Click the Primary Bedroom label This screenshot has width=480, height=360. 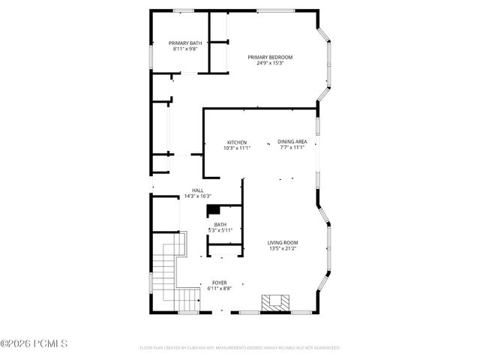tap(270, 58)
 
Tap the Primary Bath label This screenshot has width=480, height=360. tap(184, 43)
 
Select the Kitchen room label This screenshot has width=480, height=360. tap(237, 142)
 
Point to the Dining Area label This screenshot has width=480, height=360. tap(292, 142)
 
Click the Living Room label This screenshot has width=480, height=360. tap(283, 242)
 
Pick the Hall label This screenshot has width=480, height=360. tap(198, 190)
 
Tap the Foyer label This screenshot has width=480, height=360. tap(219, 283)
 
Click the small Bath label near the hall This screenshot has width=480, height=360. tap(220, 224)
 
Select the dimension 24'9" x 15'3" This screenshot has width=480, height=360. tap(270, 64)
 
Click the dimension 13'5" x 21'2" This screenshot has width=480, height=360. tap(283, 248)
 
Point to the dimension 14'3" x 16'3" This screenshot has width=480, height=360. tap(198, 196)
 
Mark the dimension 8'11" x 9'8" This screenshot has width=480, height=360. tap(184, 49)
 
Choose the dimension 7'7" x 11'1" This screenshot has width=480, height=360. tap(292, 148)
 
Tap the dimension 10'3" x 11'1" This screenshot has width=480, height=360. tap(237, 148)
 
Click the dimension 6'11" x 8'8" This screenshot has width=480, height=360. tap(219, 289)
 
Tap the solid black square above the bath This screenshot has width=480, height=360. tap(213, 210)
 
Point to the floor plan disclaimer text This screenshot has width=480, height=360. tap(240, 348)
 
